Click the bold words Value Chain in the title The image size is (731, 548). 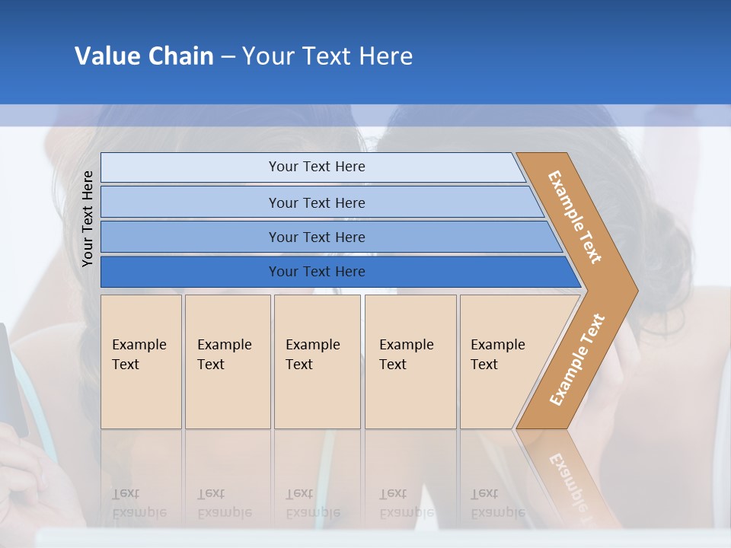click(144, 56)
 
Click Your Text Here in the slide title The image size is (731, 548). click(327, 56)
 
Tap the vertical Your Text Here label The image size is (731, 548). click(88, 218)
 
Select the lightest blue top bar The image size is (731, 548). click(190, 167)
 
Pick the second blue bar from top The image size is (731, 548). click(190, 202)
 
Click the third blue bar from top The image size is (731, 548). click(190, 237)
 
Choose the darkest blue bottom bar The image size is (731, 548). click(190, 272)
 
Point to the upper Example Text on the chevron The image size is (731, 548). click(575, 217)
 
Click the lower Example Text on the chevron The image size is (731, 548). click(577, 359)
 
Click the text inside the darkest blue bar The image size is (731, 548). click(317, 272)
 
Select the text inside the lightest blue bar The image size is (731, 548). click(317, 167)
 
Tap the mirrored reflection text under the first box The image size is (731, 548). click(139, 503)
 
